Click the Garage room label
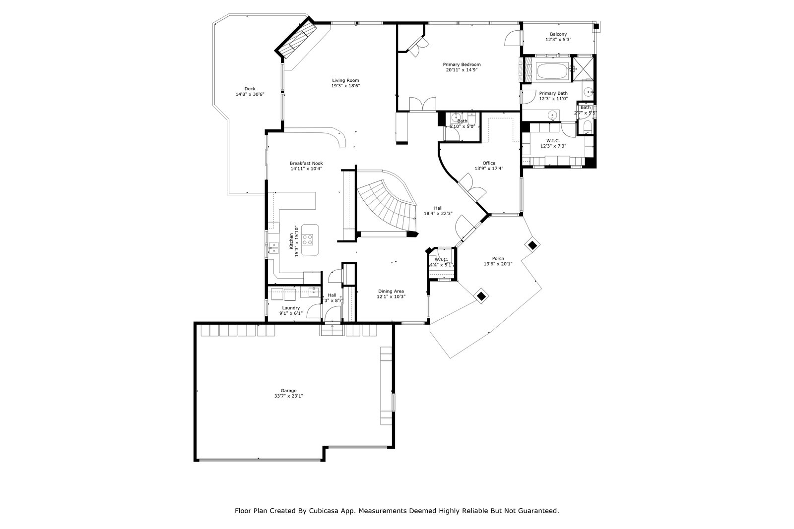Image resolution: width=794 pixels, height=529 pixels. pos(288,391)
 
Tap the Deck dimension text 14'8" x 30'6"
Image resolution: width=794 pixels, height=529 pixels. pos(250,94)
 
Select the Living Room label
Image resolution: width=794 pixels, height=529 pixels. pos(345,80)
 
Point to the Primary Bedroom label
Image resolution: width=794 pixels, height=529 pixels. pos(462,64)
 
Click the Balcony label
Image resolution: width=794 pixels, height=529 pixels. pos(558,34)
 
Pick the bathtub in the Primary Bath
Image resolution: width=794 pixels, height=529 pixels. pos(552,71)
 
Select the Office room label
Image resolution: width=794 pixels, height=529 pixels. pos(489,163)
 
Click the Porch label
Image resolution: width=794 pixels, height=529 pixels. pos(498,259)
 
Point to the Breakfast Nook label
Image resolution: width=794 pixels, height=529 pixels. pos(306,163)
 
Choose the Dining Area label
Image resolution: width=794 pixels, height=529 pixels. pos(391,292)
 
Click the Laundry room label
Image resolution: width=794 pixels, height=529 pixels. pos(291,308)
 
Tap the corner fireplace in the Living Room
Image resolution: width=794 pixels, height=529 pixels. pos(297,39)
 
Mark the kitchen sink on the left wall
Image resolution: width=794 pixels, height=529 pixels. pos(273,247)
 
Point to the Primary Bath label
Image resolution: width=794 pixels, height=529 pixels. pos(553,93)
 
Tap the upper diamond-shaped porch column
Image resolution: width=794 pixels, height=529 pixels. pos(532,244)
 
